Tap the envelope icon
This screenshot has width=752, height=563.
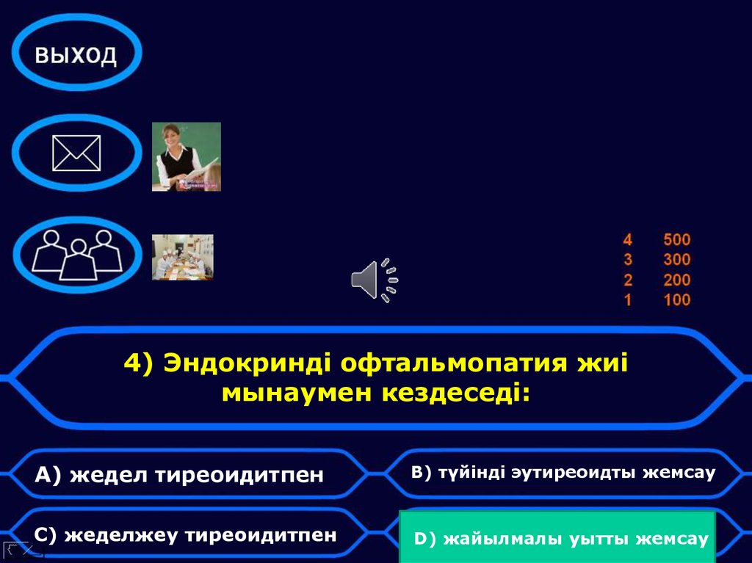point(76,153)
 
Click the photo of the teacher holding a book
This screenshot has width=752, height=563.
point(187,156)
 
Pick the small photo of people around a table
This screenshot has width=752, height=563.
point(183,257)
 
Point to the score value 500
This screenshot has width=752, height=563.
point(676,239)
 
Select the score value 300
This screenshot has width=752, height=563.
point(676,259)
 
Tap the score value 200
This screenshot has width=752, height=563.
point(676,280)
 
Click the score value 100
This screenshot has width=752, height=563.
point(676,299)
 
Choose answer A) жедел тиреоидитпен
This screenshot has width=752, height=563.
point(179,475)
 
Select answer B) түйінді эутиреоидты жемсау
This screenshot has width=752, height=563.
point(563,473)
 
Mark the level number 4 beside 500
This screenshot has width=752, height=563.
point(627,239)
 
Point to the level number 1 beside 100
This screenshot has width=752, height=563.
point(627,299)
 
